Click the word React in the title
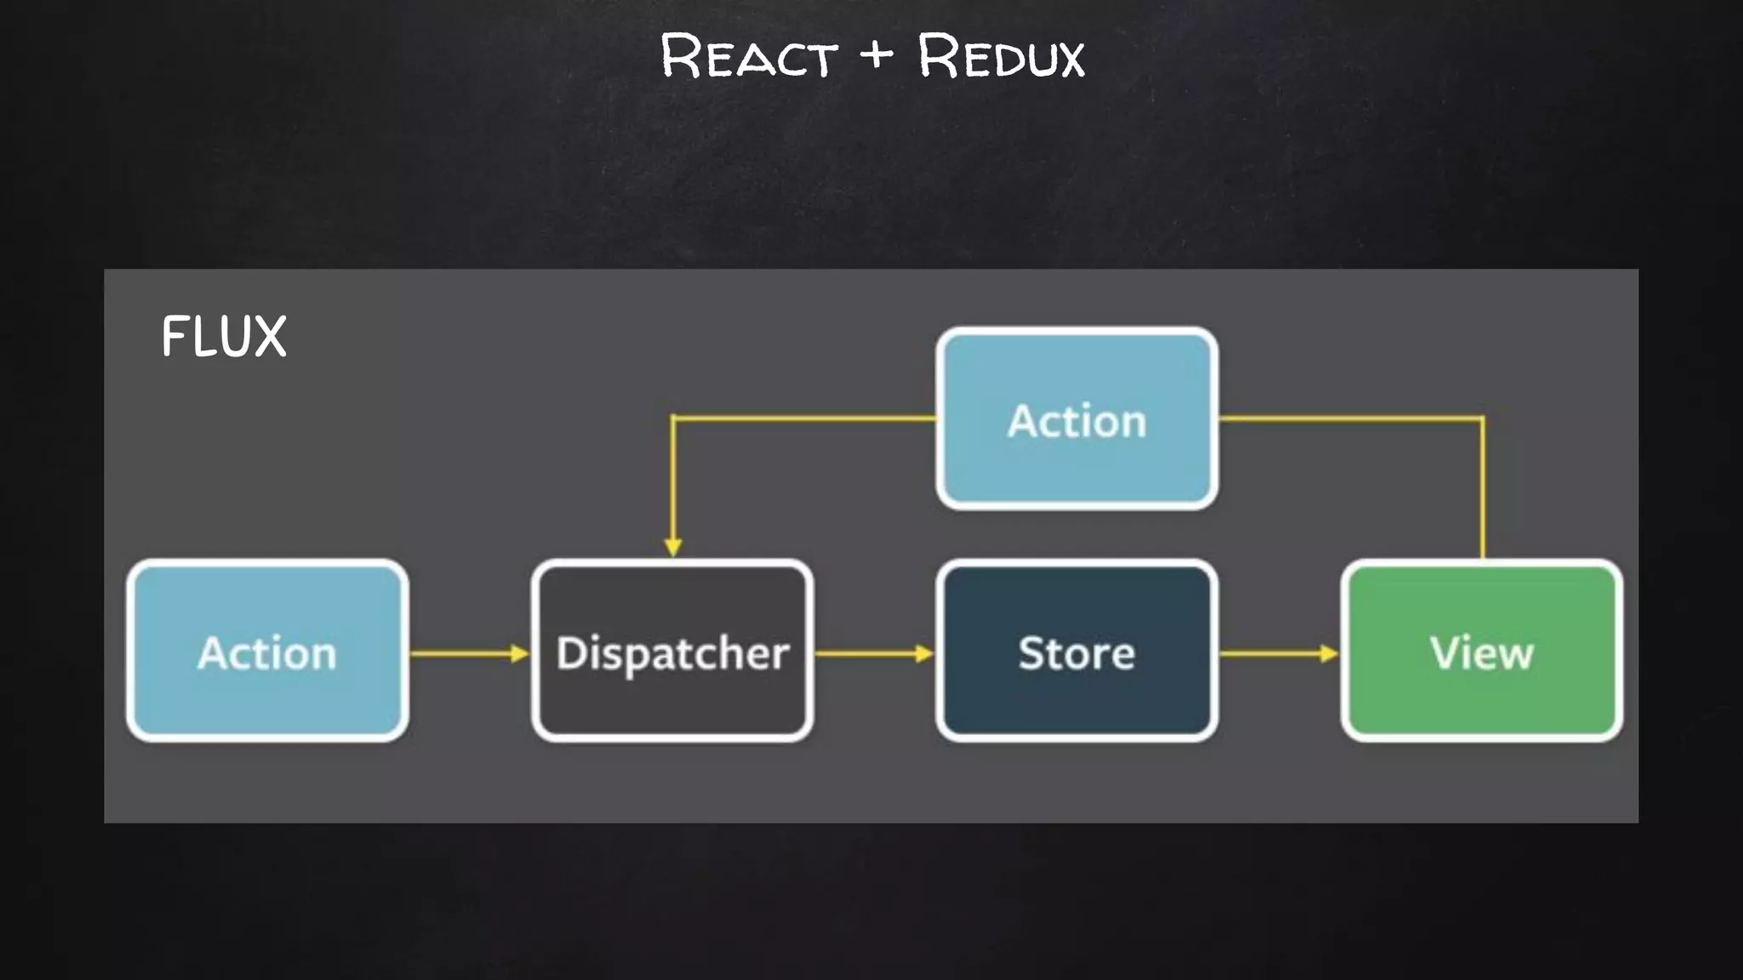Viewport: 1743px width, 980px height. tap(749, 58)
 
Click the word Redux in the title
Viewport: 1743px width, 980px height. tap(1001, 58)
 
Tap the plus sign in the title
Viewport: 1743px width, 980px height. tap(877, 54)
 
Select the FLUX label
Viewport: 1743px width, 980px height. tap(224, 336)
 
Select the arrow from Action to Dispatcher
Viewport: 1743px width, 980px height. tap(468, 653)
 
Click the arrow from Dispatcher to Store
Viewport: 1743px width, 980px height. tap(873, 653)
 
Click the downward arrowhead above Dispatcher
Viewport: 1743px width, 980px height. tap(673, 546)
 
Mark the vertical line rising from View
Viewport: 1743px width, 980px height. tap(1483, 493)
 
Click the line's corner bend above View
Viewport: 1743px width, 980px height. tap(1483, 418)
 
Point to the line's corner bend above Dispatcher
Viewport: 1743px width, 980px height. tap(673, 418)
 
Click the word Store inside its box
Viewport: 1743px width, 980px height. tap(1077, 653)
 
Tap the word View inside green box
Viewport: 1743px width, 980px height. tap(1482, 653)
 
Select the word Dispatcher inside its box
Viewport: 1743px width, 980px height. tap(672, 653)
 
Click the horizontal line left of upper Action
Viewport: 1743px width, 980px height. tap(804, 418)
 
